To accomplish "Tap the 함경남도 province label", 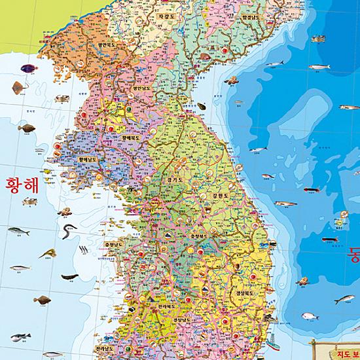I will (254, 18).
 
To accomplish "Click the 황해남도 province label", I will (87, 158).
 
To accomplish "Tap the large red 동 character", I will (353, 252).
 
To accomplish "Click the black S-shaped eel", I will (68, 232).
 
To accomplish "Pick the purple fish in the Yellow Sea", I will (27, 68).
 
